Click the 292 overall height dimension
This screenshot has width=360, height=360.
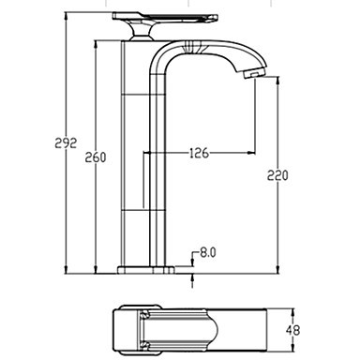pyautogui.click(x=66, y=143)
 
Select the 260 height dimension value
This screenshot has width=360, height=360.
pyautogui.click(x=96, y=157)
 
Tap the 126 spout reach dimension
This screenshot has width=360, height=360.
pyautogui.click(x=199, y=153)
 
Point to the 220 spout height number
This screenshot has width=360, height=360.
pyautogui.click(x=277, y=175)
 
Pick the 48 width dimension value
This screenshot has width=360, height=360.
pyautogui.click(x=292, y=330)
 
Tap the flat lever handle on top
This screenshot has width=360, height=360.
pyautogui.click(x=165, y=18)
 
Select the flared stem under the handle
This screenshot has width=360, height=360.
pyautogui.click(x=141, y=32)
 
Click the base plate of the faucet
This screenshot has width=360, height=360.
pyautogui.click(x=145, y=270)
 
